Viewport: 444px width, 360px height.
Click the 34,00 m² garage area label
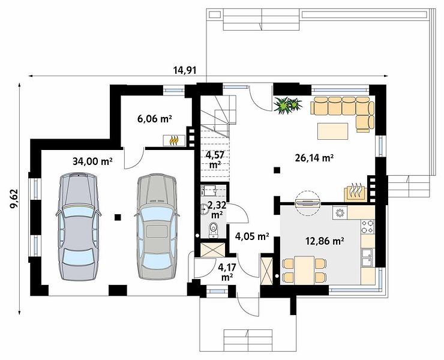(92, 161)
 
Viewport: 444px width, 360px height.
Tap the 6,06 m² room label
(155, 119)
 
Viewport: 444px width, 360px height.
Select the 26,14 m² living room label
(314, 158)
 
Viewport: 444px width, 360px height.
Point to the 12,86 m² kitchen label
(325, 241)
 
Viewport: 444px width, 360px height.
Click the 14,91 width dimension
(185, 70)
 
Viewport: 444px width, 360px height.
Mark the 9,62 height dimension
(14, 199)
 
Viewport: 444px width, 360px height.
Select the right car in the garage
(157, 227)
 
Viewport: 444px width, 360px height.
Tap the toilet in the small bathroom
(213, 229)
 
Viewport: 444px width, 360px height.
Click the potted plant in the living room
(287, 106)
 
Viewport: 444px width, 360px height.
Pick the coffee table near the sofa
(333, 131)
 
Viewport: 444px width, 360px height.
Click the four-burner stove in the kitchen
(368, 226)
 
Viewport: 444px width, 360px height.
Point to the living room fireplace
(356, 193)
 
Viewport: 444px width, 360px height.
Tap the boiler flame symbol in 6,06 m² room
(174, 140)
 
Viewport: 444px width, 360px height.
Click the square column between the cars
(118, 217)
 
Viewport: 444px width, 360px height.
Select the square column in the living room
(277, 170)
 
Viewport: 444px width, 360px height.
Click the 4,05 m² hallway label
(252, 236)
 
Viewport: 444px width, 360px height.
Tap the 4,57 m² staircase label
(215, 160)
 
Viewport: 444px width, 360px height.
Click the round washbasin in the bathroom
(205, 209)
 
